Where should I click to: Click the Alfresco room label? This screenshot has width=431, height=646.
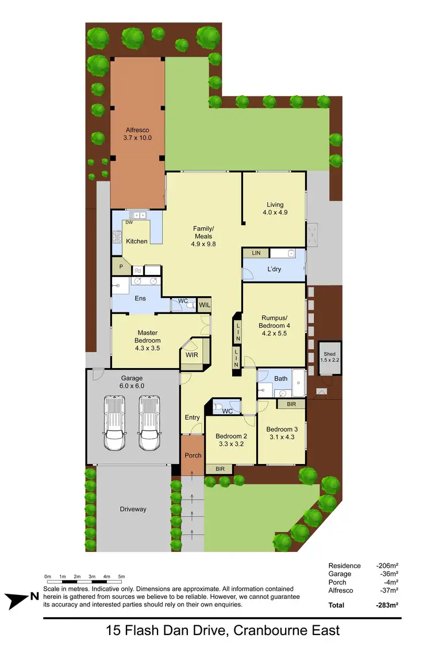(137, 134)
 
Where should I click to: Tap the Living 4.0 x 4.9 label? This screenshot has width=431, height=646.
(275, 208)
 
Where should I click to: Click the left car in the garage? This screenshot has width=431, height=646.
(114, 423)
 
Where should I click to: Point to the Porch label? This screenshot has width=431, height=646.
(192, 455)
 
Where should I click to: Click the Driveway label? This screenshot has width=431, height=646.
(133, 509)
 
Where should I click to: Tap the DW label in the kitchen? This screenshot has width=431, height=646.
(129, 222)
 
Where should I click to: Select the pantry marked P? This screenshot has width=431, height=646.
(121, 266)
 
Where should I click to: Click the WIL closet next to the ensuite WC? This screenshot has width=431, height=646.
(205, 304)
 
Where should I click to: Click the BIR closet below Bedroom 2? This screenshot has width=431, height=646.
(220, 469)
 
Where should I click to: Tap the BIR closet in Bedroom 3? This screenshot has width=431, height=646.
(291, 404)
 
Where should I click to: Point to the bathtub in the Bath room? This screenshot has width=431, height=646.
(298, 384)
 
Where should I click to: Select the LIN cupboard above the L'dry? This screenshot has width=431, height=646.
(256, 253)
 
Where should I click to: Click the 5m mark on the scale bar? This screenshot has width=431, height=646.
(121, 576)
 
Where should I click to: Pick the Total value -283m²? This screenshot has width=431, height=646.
(386, 605)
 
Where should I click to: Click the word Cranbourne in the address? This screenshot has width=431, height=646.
(266, 630)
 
